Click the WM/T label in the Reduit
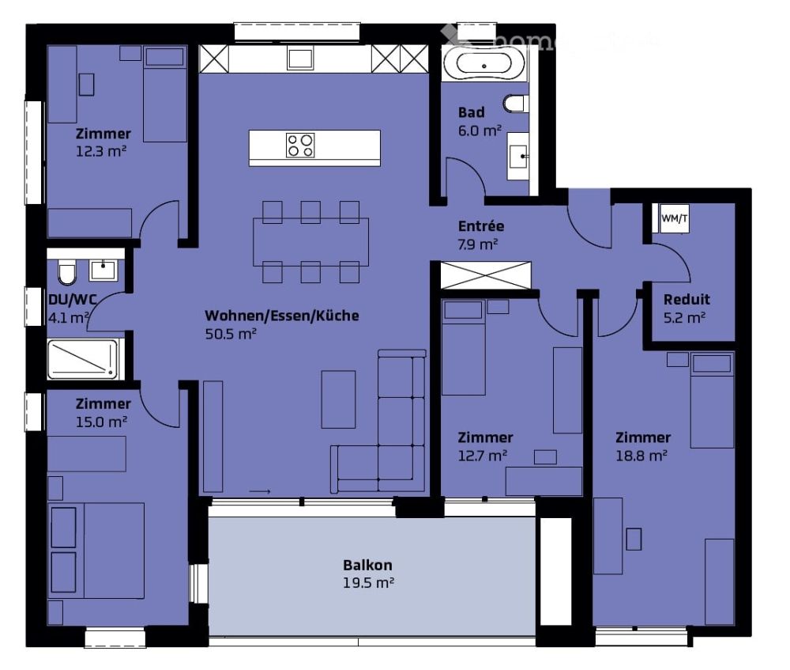click(675, 218)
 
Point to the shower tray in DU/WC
click(82, 359)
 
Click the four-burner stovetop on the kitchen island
click(300, 146)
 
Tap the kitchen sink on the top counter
click(300, 59)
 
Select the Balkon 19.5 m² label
click(368, 573)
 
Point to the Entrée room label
click(480, 227)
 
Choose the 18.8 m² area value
click(641, 456)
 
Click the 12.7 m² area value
click(483, 456)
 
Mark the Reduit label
click(686, 300)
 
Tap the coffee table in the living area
click(338, 399)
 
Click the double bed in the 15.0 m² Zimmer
click(96, 550)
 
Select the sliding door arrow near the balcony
click(260, 492)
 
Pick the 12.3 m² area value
click(102, 151)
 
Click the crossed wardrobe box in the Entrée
click(486, 274)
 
